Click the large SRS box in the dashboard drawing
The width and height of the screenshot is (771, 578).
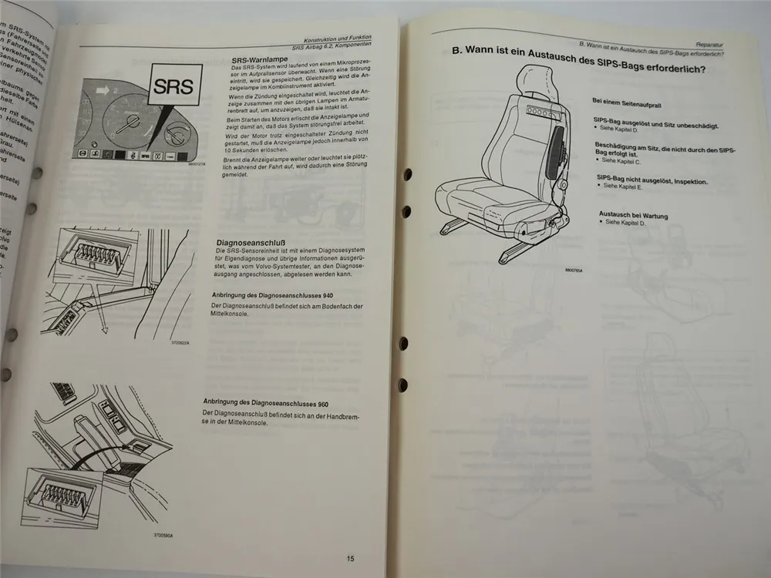(x=174, y=83)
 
